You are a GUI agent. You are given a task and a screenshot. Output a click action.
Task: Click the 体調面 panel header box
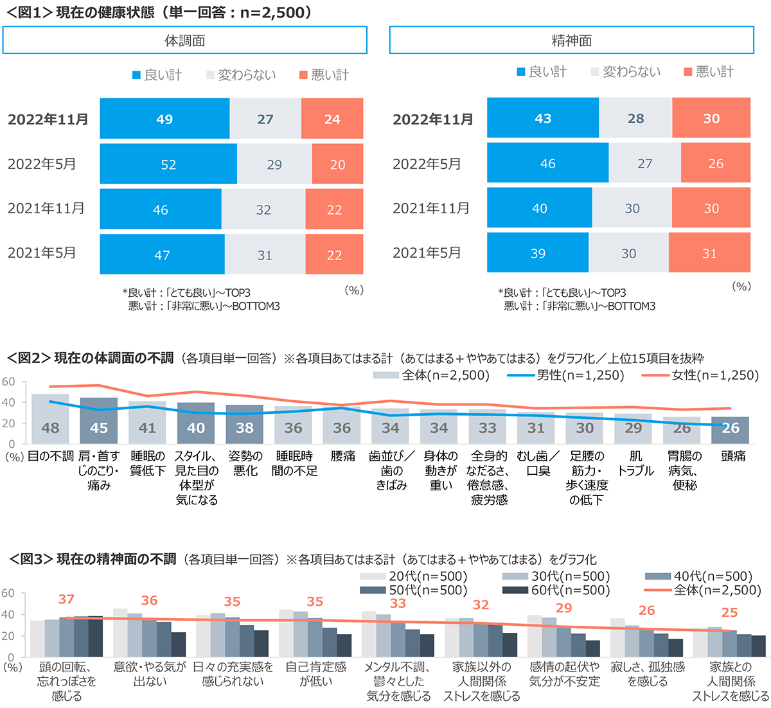pos(185,40)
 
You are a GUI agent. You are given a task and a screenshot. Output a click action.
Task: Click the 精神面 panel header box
pos(571,40)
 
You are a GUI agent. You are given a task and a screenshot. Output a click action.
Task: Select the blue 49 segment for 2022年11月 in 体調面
pos(164,119)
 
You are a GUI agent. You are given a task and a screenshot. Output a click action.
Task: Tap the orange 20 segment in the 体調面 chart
pos(337,164)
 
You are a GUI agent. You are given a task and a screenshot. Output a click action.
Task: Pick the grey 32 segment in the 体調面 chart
pos(263,209)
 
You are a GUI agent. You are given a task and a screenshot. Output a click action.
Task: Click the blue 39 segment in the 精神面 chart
pos(538,253)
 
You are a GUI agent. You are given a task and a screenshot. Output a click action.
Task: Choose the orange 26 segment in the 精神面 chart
pos(715,164)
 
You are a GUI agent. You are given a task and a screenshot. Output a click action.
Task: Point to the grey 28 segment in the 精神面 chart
pos(635,118)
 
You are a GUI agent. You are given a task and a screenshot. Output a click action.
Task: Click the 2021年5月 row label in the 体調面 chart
pos(42,253)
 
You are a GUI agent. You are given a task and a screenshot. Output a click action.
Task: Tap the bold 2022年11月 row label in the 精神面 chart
pos(432,119)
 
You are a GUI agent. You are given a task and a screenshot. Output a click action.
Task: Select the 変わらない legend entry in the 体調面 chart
pos(241,75)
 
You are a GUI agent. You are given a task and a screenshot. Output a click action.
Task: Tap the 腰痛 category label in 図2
pos(342,456)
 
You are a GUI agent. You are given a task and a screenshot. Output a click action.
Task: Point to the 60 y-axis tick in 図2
pos(8,382)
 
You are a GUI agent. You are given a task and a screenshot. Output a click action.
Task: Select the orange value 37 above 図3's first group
pos(66,599)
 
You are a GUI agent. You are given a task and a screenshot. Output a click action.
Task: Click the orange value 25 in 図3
pos(730,612)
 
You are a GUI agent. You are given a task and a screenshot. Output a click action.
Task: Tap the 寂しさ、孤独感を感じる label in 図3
pos(648,674)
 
